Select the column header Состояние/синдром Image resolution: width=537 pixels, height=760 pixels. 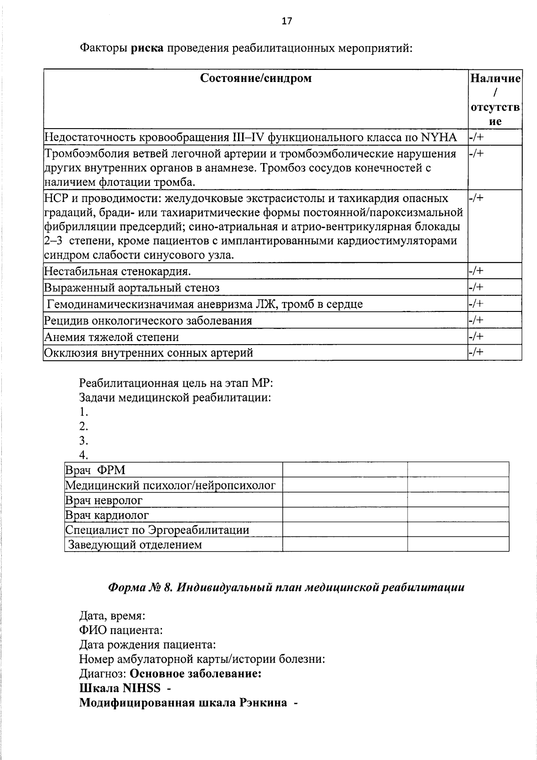pyautogui.click(x=256, y=78)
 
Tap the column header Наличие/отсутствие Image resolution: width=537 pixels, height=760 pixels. pyautogui.click(x=494, y=99)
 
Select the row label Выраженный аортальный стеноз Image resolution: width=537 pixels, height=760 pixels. pyautogui.click(x=132, y=288)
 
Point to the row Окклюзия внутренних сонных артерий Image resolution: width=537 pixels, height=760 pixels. pyautogui.click(x=148, y=353)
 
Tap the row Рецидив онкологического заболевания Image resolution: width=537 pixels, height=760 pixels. pyautogui.click(x=148, y=320)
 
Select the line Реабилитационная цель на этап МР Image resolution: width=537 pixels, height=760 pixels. pyautogui.click(x=176, y=384)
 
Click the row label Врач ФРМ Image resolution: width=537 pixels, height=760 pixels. pyautogui.click(x=95, y=470)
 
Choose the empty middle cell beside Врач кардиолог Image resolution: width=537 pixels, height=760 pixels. pyautogui.click(x=345, y=514)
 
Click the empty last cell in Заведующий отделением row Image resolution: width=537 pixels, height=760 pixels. pyautogui.click(x=458, y=544)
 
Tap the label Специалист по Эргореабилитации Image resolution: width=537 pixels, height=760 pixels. pyautogui.click(x=157, y=530)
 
